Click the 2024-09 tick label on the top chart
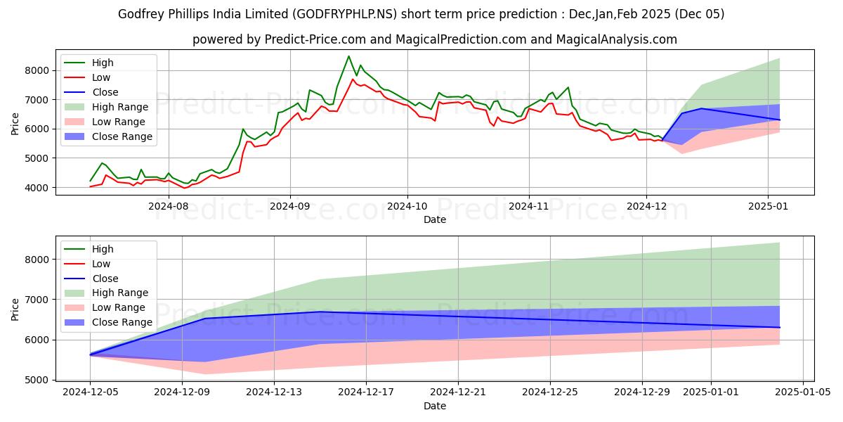coord(290,206)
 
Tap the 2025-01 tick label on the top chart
coord(768,206)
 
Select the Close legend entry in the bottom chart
coord(105,279)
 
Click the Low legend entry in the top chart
coord(103,77)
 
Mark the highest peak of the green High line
coord(348,56)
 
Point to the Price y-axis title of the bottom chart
coord(15,309)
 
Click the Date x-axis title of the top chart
coord(435,219)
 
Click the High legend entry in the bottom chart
coord(103,249)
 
